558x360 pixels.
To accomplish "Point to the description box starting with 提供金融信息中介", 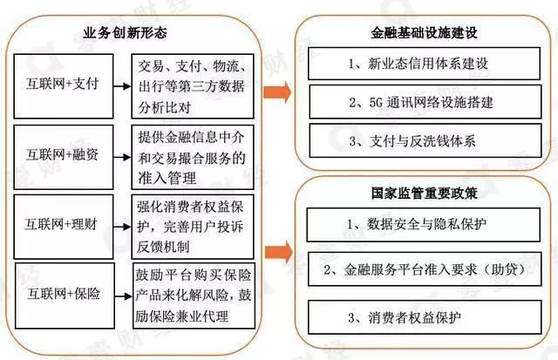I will coord(194,157).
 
